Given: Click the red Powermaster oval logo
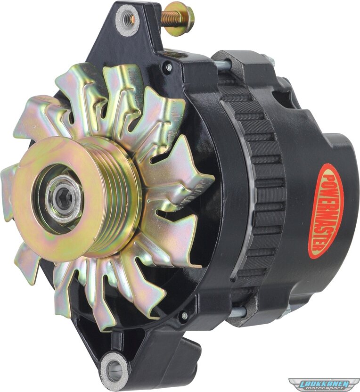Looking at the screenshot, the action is tap(326, 211).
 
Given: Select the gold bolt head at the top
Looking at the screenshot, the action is tap(183, 19).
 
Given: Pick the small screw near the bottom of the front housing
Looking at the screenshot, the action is tap(185, 316).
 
